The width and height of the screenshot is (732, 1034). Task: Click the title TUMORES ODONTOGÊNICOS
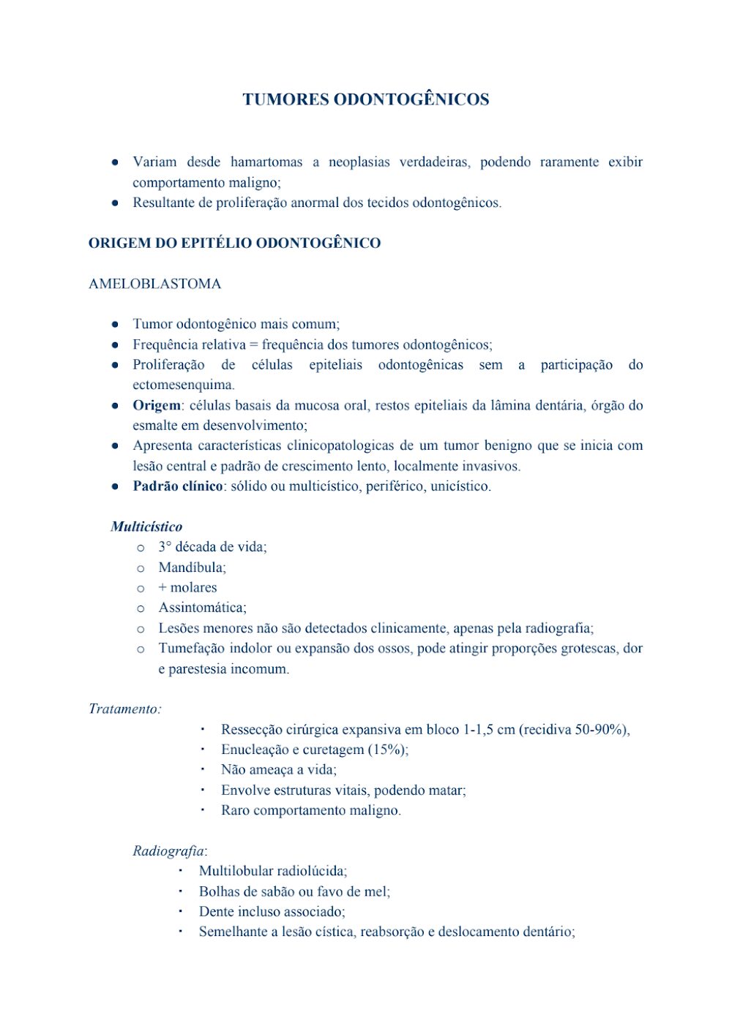click(365, 99)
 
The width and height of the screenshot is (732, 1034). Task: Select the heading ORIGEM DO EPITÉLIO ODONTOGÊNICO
click(234, 244)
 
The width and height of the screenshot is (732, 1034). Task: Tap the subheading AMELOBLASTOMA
click(154, 284)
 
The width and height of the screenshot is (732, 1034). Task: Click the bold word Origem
click(156, 405)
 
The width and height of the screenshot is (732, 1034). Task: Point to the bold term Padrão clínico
click(177, 486)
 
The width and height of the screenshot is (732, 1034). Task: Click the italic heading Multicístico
click(146, 527)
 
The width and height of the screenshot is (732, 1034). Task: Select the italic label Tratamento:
click(125, 709)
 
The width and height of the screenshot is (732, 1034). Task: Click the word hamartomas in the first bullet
click(266, 162)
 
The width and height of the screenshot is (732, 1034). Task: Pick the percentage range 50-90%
click(601, 729)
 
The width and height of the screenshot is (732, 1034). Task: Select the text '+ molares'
click(187, 587)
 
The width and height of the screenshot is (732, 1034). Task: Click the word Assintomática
click(202, 608)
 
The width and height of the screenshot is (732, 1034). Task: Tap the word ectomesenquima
click(183, 385)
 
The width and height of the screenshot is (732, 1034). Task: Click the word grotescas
click(588, 648)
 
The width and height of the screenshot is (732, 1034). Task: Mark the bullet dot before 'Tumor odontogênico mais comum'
click(115, 324)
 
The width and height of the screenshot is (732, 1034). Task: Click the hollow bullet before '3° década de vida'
click(141, 548)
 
